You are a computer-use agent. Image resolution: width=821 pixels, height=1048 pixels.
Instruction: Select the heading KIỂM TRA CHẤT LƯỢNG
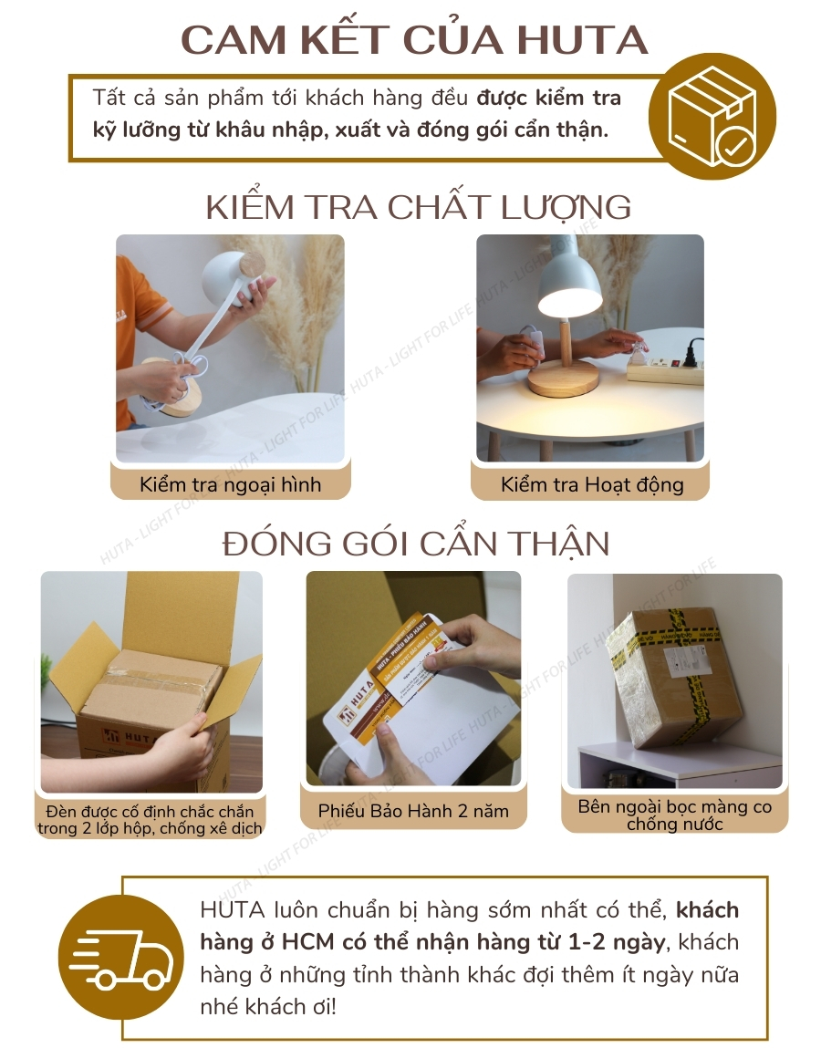pos(418,207)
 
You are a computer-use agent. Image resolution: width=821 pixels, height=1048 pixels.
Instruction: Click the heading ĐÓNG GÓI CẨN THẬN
pos(416,544)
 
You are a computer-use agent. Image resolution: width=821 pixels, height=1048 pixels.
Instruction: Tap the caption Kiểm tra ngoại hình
pos(230,484)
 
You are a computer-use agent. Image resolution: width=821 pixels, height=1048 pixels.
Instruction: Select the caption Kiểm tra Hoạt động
pos(591,484)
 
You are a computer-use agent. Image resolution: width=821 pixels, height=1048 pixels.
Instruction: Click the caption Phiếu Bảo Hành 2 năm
pos(413,811)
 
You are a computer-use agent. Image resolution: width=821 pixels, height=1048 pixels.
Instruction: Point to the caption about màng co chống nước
pos(674,815)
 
